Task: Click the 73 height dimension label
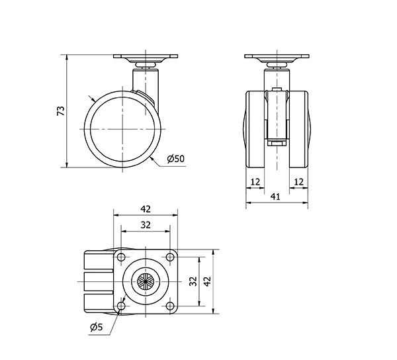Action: coord(60,111)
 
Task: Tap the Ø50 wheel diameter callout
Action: coord(176,159)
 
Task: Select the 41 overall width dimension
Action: coord(275,197)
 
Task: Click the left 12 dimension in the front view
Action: coord(255,182)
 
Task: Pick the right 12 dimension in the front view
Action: coord(299,182)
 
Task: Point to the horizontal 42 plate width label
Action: coord(146,209)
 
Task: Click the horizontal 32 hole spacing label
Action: coord(146,225)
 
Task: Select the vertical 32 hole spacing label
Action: coord(193,281)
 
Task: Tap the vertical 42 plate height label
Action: coord(208,281)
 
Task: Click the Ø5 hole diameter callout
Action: coord(97,327)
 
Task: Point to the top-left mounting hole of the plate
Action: coord(121,257)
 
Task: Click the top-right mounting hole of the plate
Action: coord(170,257)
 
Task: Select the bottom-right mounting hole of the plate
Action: coord(170,306)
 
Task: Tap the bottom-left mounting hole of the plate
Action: coord(121,306)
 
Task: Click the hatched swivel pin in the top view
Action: coord(146,281)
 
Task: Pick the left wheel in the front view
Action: coord(255,129)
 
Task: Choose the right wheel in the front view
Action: coord(299,129)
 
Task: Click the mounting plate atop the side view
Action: coord(146,56)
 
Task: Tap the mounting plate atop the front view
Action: coord(277,56)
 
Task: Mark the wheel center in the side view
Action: coord(122,129)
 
